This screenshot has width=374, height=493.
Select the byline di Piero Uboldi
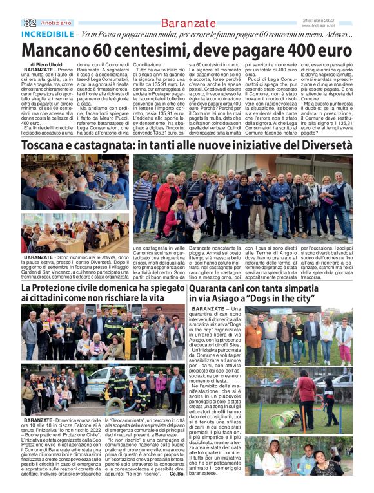(47, 64)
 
